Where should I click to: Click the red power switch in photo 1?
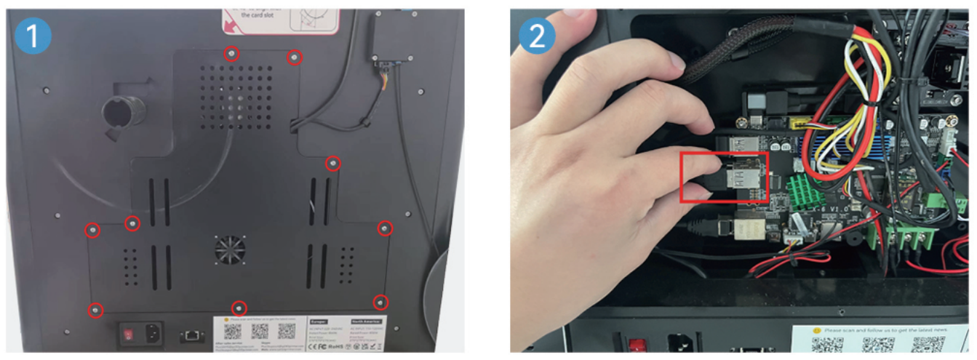128,335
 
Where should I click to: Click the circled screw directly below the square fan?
239,307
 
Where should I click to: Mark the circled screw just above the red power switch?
95,311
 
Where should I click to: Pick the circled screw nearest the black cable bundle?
295,57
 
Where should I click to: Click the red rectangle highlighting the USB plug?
724,177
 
